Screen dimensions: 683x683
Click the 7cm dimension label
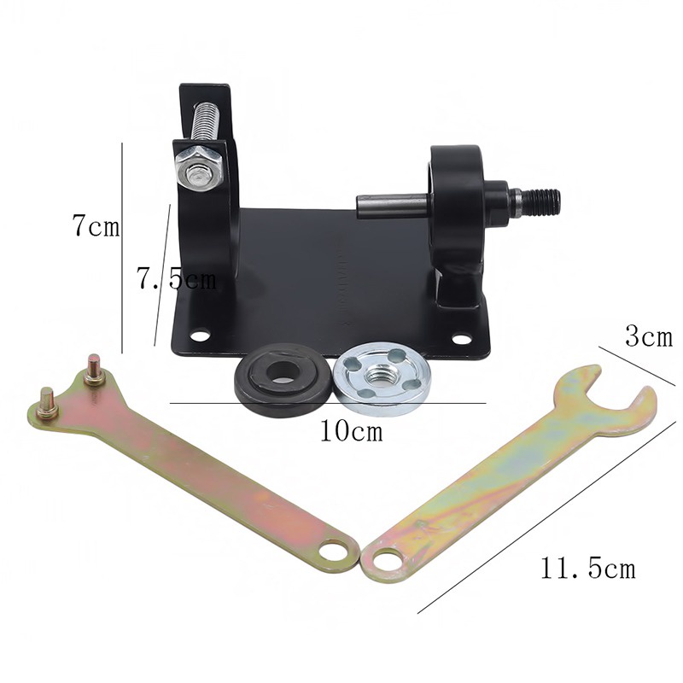[x=96, y=226]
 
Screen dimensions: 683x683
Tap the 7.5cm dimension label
[x=177, y=278]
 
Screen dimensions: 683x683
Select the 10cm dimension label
[x=352, y=431]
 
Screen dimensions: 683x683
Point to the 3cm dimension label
[x=649, y=336]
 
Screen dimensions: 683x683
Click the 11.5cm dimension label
[x=588, y=568]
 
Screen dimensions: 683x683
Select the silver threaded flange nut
[x=382, y=378]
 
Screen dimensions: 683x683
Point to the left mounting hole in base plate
[x=201, y=335]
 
